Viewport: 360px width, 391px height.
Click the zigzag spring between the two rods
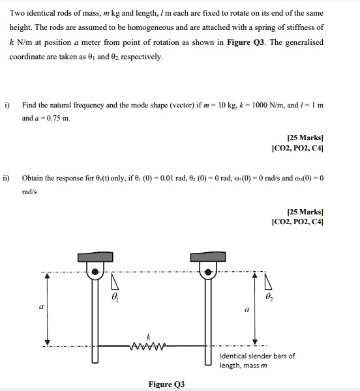pos(150,346)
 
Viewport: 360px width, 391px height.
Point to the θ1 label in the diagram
pos(115,297)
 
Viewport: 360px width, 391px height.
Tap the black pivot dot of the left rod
pos(97,271)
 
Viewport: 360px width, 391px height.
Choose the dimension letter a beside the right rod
pos(247,310)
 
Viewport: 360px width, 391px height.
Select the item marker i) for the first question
pos(8,104)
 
